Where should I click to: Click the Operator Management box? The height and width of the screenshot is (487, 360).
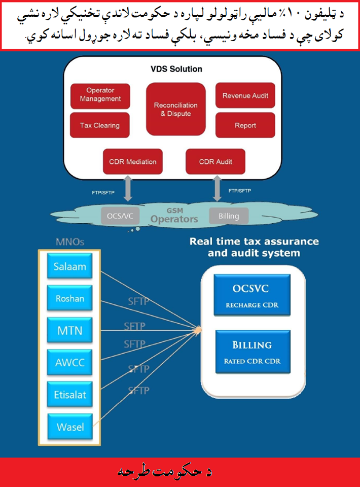(x=100, y=95)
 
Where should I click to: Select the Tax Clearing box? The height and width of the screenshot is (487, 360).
(x=100, y=125)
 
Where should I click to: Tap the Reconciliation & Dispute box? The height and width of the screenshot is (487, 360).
(x=176, y=109)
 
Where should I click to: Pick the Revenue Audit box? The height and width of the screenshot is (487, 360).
(x=245, y=95)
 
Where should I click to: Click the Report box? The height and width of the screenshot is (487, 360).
(x=245, y=125)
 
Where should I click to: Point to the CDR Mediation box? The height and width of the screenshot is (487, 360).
(x=133, y=162)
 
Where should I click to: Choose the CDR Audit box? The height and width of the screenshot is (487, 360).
(x=215, y=162)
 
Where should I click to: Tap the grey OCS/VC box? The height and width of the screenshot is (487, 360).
(x=120, y=216)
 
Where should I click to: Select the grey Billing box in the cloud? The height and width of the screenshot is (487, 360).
(x=229, y=216)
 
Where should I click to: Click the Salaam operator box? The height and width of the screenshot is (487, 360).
(x=70, y=267)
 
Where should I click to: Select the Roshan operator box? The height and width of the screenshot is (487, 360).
(x=70, y=299)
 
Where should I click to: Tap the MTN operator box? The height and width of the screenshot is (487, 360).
(x=70, y=331)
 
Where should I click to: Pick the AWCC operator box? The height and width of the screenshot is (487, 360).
(x=70, y=363)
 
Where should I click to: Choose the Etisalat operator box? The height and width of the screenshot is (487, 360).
(x=70, y=395)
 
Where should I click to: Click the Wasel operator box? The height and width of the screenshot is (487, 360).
(x=70, y=427)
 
